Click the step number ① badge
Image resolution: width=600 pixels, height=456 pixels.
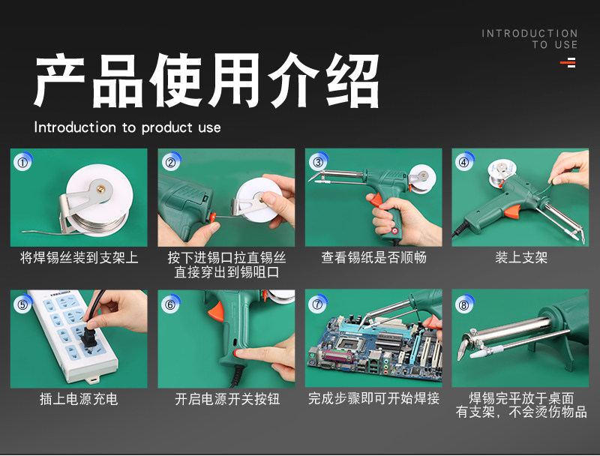pyautogui.click(x=23, y=163)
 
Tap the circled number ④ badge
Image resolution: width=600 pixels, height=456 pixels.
pyautogui.click(x=464, y=162)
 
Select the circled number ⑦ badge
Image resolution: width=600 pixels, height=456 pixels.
pyautogui.click(x=317, y=304)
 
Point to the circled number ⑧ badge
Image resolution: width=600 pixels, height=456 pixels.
pyautogui.click(x=464, y=304)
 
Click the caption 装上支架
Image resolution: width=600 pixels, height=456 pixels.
pyautogui.click(x=521, y=257)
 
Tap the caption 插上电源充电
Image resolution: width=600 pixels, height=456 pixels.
pyautogui.click(x=79, y=399)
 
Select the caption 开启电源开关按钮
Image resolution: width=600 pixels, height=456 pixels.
pyautogui.click(x=227, y=399)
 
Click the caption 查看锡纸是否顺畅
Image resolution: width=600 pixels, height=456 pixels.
pyautogui.click(x=373, y=257)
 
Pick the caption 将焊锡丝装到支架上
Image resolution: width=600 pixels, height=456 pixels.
pyautogui.click(x=79, y=257)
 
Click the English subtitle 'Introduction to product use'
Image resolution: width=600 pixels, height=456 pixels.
pyautogui.click(x=127, y=127)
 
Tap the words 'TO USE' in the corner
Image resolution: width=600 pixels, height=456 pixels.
pyautogui.click(x=555, y=45)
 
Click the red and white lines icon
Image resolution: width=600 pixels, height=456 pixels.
pyautogui.click(x=568, y=62)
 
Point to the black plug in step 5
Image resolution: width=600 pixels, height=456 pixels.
pyautogui.click(x=90, y=336)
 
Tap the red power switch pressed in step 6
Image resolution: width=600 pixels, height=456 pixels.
pyautogui.click(x=240, y=352)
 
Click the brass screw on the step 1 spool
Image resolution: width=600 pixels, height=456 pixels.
pyautogui.click(x=101, y=188)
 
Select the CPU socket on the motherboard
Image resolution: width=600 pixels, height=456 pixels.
pyautogui.click(x=347, y=343)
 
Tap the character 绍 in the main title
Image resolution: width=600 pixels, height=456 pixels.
pyautogui.click(x=352, y=80)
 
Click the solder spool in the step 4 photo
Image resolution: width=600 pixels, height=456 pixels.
pyautogui.click(x=501, y=172)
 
